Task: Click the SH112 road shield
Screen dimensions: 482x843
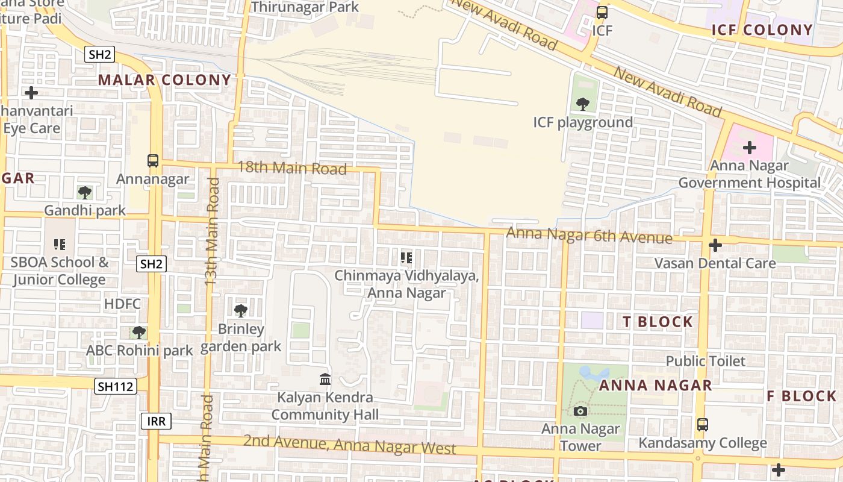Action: tap(115, 386)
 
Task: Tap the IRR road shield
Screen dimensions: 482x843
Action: tap(156, 421)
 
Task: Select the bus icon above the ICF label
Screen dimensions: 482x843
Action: tap(602, 13)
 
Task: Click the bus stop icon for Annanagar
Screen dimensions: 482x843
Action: tap(153, 161)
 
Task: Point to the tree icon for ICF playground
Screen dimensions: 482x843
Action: tap(582, 104)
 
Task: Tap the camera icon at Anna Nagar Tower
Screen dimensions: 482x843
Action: tap(580, 412)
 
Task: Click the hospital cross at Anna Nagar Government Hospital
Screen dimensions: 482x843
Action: tap(750, 148)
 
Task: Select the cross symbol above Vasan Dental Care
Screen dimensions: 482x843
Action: tap(715, 245)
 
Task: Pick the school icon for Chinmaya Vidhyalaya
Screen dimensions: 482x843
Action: tap(406, 258)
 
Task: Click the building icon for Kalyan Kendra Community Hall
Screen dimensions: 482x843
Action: tap(325, 379)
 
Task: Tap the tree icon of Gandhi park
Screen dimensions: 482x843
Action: tap(85, 193)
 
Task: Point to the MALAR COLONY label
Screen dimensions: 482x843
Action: tap(164, 80)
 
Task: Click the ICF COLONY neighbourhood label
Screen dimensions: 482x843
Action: tap(762, 30)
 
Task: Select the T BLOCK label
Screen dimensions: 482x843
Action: tap(658, 322)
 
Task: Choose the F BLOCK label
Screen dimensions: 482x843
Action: tap(801, 396)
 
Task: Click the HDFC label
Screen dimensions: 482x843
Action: tap(122, 304)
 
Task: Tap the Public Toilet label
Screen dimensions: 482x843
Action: tap(705, 361)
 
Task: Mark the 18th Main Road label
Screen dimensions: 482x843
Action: tap(292, 168)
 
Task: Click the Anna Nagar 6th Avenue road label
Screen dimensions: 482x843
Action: tap(589, 235)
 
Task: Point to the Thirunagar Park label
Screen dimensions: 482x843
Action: tap(305, 7)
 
